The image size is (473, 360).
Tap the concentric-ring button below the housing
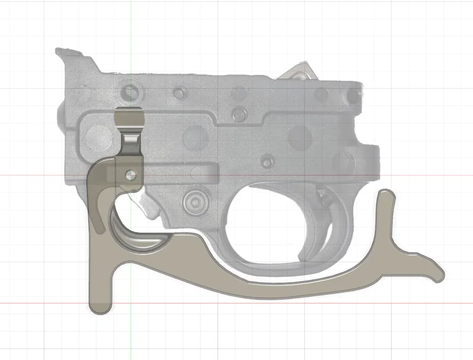(x=194, y=202)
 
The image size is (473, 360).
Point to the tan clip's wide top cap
(x=130, y=119)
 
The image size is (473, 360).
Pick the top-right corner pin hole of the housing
(x=349, y=94)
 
